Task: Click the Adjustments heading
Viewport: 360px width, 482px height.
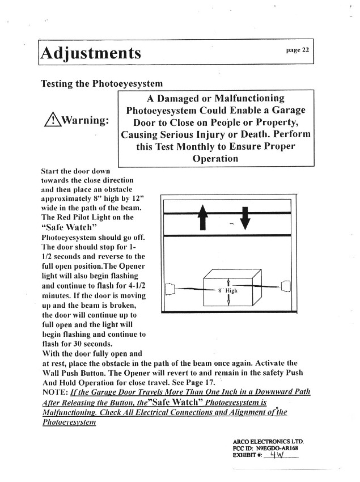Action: [x=91, y=53]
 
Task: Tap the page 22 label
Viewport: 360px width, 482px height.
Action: [x=298, y=50]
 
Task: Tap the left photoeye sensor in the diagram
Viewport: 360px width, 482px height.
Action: [x=168, y=289]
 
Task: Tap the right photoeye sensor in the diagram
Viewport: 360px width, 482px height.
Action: [x=285, y=287]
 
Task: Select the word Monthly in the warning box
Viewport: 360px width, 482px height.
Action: [x=190, y=147]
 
